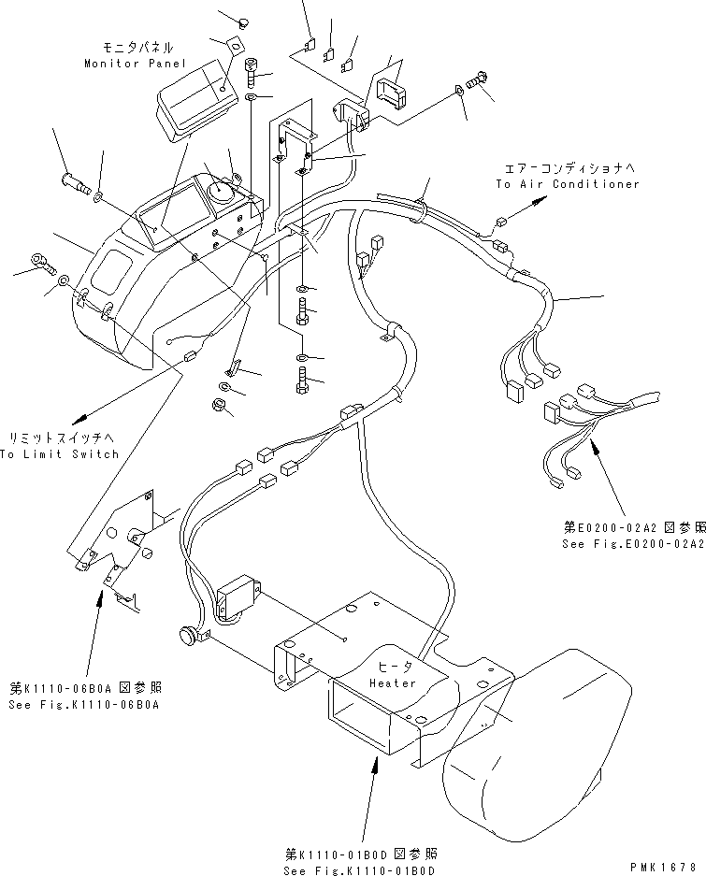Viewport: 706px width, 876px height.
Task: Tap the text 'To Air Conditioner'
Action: (x=568, y=184)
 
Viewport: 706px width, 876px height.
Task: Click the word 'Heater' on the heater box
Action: (x=392, y=682)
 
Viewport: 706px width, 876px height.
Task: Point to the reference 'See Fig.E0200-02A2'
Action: (x=633, y=543)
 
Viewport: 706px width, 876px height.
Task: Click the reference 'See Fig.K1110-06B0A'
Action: (x=81, y=704)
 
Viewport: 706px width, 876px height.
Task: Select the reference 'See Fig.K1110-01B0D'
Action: (x=361, y=871)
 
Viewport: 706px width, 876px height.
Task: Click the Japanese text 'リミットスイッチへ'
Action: (x=65, y=438)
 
